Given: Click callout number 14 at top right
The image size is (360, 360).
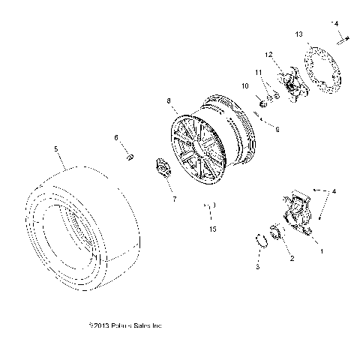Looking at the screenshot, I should tap(336, 23).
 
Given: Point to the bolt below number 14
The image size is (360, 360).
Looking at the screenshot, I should tap(340, 40).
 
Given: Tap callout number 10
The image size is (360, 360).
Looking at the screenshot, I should tap(243, 86).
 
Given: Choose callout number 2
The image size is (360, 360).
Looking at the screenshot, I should tap(292, 258).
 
